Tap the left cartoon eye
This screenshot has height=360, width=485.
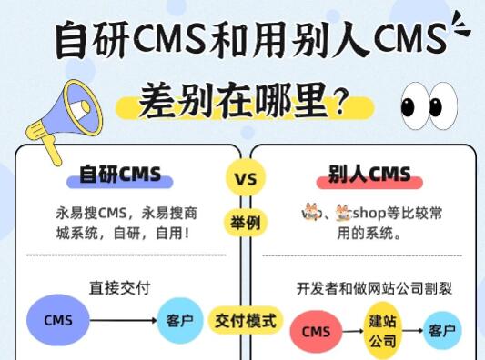click(x=413, y=105)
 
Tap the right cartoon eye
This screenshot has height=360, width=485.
click(x=444, y=105)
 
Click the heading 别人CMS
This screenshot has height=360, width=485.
click(x=369, y=173)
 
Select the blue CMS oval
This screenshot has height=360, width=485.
click(x=58, y=320)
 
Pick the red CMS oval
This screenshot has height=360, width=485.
click(x=316, y=331)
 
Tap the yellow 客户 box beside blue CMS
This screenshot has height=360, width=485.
click(x=179, y=320)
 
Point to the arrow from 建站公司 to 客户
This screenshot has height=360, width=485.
click(x=412, y=331)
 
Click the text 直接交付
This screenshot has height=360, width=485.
click(x=119, y=287)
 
